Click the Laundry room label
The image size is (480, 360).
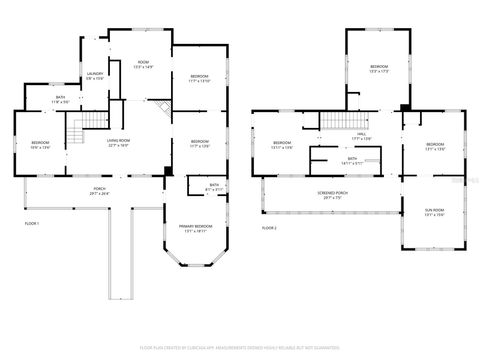[95, 76]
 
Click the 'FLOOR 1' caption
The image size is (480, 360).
[31, 223]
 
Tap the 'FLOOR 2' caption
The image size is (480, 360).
[269, 228]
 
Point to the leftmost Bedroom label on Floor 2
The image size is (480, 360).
[283, 146]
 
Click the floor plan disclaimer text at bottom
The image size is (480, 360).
[239, 347]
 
